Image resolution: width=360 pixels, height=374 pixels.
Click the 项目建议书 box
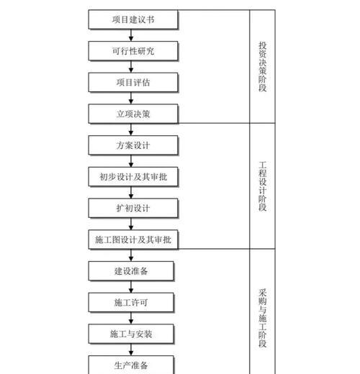133,19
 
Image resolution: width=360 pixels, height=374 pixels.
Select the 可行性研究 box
133,51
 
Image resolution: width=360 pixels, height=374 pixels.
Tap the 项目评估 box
133,82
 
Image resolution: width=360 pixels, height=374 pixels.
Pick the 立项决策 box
133,114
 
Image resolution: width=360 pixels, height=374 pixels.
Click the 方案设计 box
133,145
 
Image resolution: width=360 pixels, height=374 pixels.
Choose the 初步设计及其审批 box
133,177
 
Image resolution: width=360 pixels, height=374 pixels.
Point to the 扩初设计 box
133,208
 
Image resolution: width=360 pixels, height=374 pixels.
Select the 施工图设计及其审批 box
133,240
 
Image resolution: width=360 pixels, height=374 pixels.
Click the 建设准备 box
131,271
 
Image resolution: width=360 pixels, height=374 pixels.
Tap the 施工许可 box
131,303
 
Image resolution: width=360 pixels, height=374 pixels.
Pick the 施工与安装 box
131,334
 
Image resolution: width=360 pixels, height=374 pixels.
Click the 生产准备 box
131,365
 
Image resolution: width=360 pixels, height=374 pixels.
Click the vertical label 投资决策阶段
263,66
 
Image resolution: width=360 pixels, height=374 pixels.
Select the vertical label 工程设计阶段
263,186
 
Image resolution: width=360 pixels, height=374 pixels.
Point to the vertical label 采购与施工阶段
263,318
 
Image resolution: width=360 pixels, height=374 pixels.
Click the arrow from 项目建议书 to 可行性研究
131,35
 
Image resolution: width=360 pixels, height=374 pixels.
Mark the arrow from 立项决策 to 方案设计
131,129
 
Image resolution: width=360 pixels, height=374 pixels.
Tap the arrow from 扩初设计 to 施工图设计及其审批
131,224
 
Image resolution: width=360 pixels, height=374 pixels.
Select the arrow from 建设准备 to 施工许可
131,287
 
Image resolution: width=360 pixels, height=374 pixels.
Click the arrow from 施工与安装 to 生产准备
131,350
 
